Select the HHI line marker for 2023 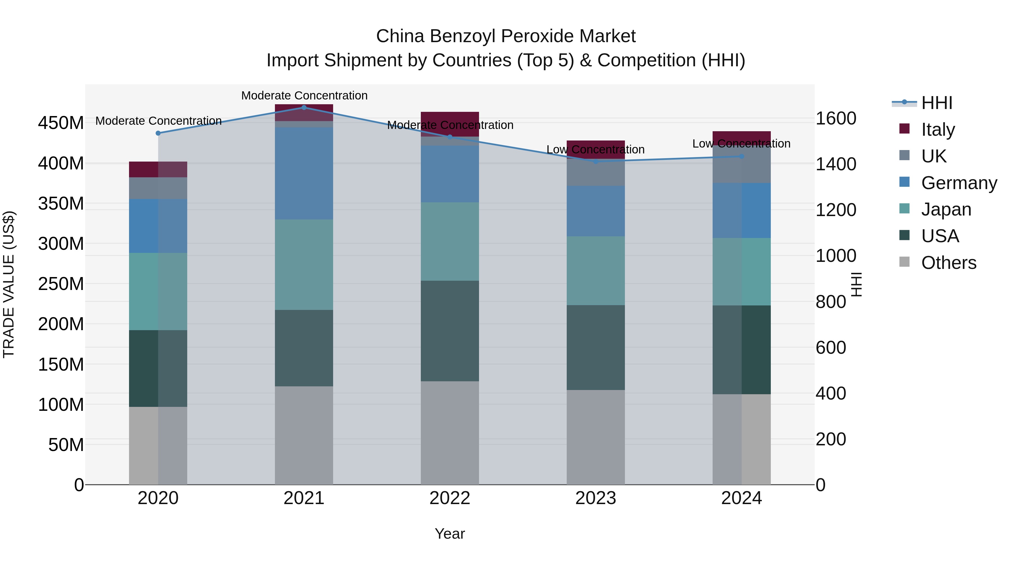click(x=596, y=161)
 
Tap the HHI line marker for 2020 click(x=158, y=133)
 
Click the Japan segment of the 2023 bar click(x=596, y=271)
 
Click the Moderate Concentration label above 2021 click(x=304, y=96)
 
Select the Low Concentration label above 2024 click(x=741, y=144)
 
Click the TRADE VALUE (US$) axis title click(x=9, y=284)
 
